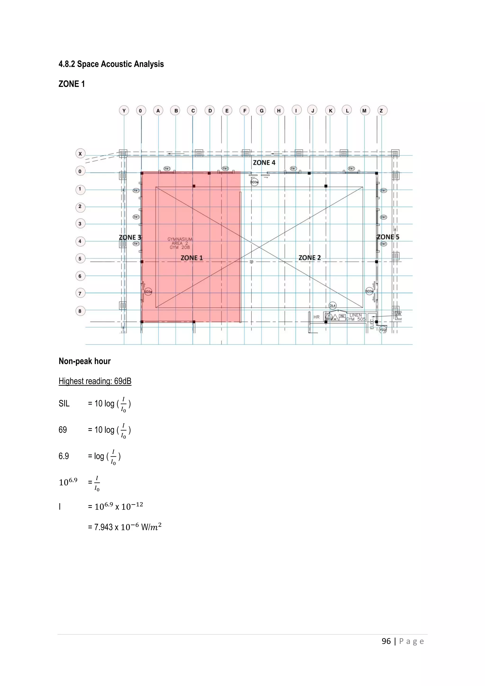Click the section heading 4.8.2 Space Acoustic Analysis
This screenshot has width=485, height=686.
coord(111,64)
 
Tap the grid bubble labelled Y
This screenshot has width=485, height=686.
coord(124,111)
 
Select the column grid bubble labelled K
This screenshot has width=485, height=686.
coord(330,111)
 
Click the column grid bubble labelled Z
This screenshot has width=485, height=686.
coord(381,111)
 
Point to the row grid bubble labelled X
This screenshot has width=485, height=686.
coord(80,154)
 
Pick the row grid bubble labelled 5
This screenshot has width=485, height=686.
coord(80,258)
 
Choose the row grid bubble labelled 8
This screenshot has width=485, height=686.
coord(80,311)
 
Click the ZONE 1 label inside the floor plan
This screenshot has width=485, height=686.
coord(192,258)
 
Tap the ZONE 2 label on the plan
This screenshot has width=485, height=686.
coord(310,257)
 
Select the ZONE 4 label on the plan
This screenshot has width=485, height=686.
coord(264,162)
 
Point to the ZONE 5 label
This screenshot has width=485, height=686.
coord(388,237)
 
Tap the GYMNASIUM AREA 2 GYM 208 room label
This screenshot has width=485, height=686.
coord(180,243)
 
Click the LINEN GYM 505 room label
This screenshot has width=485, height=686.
coord(356,317)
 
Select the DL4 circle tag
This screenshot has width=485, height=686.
coord(332,306)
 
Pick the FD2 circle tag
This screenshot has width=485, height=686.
coord(383,330)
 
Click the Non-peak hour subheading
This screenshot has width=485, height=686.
coord(85,361)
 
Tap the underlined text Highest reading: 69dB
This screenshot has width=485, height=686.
coord(95,381)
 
